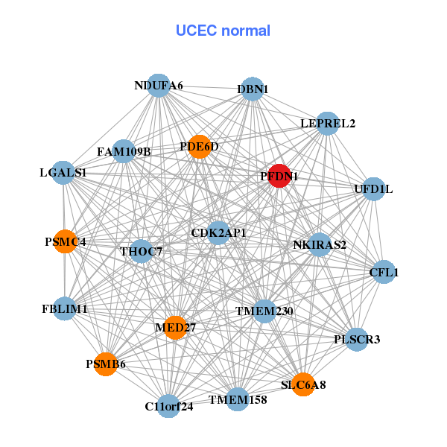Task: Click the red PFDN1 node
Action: pyautogui.click(x=279, y=176)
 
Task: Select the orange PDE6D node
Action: pyautogui.click(x=198, y=147)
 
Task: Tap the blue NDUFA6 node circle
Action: pyautogui.click(x=157, y=85)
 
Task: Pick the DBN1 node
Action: pyautogui.click(x=252, y=89)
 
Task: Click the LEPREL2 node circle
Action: pyautogui.click(x=327, y=123)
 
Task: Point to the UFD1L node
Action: pyautogui.click(x=372, y=189)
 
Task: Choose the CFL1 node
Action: pyautogui.click(x=383, y=272)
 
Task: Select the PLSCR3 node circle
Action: pyautogui.click(x=357, y=340)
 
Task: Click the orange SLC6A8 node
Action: pyautogui.click(x=302, y=384)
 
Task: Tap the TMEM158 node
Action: pyautogui.click(x=237, y=399)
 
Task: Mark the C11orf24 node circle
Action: pyautogui.click(x=169, y=406)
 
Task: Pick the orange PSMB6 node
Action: pyautogui.click(x=106, y=364)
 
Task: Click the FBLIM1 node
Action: pyautogui.click(x=65, y=308)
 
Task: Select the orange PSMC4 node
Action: pyautogui.click(x=66, y=241)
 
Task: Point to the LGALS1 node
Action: pyautogui.click(x=64, y=172)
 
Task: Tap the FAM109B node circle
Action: pyautogui.click(x=124, y=152)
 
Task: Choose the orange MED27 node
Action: pyautogui.click(x=174, y=327)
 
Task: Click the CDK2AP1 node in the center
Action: pyautogui.click(x=218, y=233)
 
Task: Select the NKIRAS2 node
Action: pyautogui.click(x=319, y=244)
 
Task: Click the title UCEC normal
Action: pyautogui.click(x=223, y=31)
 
